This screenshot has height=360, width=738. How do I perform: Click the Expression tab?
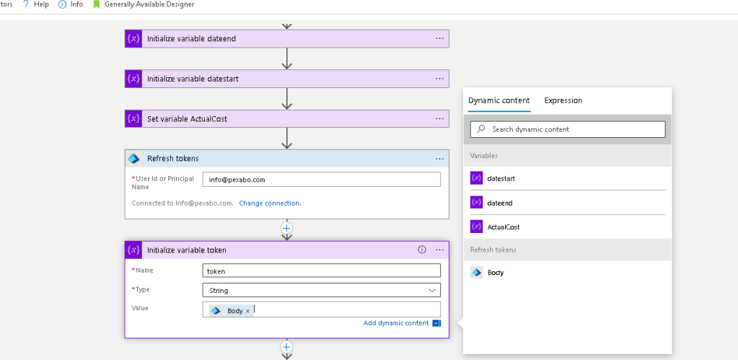pyautogui.click(x=563, y=100)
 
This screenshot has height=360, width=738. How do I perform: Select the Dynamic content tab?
pyautogui.click(x=499, y=100)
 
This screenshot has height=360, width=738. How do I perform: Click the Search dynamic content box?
pyautogui.click(x=568, y=129)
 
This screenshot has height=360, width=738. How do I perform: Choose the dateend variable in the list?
pyautogui.click(x=500, y=203)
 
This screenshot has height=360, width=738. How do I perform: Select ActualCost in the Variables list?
pyautogui.click(x=504, y=227)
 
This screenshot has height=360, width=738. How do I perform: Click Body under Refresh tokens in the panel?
pyautogui.click(x=496, y=273)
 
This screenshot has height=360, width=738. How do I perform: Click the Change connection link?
pyautogui.click(x=270, y=203)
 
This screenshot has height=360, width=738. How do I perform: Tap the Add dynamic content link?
pyautogui.click(x=396, y=323)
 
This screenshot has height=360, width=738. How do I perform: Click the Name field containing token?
pyautogui.click(x=322, y=271)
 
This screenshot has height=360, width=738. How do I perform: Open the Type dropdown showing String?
pyautogui.click(x=322, y=290)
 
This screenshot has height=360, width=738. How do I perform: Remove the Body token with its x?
pyautogui.click(x=247, y=311)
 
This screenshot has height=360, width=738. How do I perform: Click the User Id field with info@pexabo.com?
pyautogui.click(x=322, y=180)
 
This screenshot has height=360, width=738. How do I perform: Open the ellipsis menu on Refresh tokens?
pyautogui.click(x=439, y=159)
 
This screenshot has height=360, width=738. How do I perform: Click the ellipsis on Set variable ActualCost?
pyautogui.click(x=439, y=119)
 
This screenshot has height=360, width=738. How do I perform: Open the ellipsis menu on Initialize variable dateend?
pyautogui.click(x=439, y=38)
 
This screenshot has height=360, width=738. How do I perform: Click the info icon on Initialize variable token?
pyautogui.click(x=422, y=250)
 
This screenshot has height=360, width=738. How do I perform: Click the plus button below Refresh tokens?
pyautogui.click(x=286, y=228)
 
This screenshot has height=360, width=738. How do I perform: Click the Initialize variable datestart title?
pyautogui.click(x=193, y=79)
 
